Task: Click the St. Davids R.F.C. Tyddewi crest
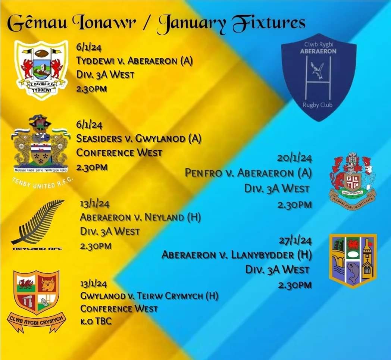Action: point(41,70)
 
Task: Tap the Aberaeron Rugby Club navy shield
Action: point(318,76)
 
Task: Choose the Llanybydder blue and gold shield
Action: point(353,261)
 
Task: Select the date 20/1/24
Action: point(294,158)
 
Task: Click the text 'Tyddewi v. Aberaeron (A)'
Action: point(134,61)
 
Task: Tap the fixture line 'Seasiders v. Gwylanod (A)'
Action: point(138,139)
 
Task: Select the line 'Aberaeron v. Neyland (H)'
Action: point(140,217)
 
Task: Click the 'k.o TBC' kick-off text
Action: point(96,321)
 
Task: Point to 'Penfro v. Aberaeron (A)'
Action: point(248,173)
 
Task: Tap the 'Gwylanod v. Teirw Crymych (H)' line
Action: point(149,296)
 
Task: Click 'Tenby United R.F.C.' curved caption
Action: point(41,183)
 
